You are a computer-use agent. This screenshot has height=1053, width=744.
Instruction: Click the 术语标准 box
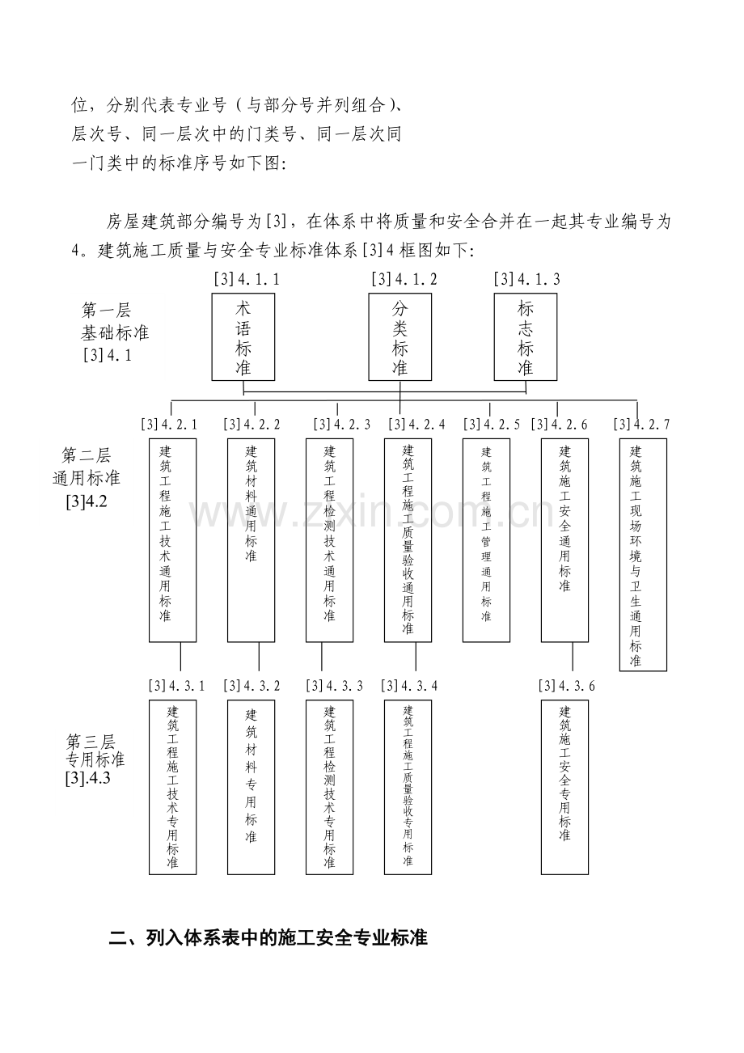pos(243,337)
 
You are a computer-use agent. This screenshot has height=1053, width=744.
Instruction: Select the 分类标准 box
pos(400,337)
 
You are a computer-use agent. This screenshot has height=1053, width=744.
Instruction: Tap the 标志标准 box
pos(526,337)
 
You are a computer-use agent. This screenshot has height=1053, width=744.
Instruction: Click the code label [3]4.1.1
pos(247,279)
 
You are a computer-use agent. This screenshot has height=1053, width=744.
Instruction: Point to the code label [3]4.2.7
pos(641,425)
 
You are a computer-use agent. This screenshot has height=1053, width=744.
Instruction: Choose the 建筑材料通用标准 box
pos(251,540)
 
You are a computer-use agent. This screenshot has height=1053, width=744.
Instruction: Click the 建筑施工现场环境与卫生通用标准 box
pos(643,555)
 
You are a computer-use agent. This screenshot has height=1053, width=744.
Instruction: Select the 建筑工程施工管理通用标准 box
pos(487,540)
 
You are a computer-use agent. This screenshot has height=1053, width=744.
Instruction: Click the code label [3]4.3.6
pos(567,686)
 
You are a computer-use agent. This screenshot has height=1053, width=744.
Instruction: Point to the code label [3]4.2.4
pos(417,425)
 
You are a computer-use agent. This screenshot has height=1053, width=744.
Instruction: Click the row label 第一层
pos(106,311)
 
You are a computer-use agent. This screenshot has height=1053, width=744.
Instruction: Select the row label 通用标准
pos(87,478)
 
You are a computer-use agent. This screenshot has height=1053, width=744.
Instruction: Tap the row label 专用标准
pos(95,759)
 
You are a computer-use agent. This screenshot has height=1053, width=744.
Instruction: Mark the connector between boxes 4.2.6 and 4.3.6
pos(573,657)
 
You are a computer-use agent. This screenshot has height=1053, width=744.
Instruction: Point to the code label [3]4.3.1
pos(177,686)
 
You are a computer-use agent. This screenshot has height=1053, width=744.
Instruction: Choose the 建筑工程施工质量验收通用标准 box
pos(408,540)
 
